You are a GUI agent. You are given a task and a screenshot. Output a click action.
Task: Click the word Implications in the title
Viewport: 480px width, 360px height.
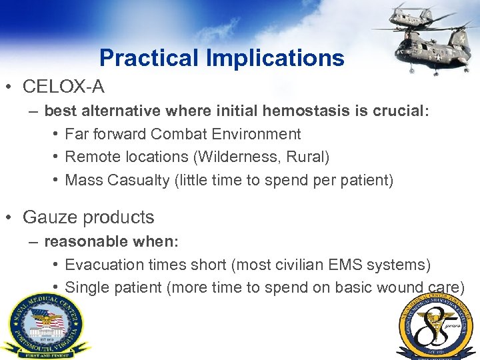pos(275,59)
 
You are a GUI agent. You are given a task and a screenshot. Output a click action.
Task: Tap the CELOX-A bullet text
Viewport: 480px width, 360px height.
pos(63,87)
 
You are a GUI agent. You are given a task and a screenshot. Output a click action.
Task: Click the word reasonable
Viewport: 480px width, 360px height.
pos(83,241)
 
